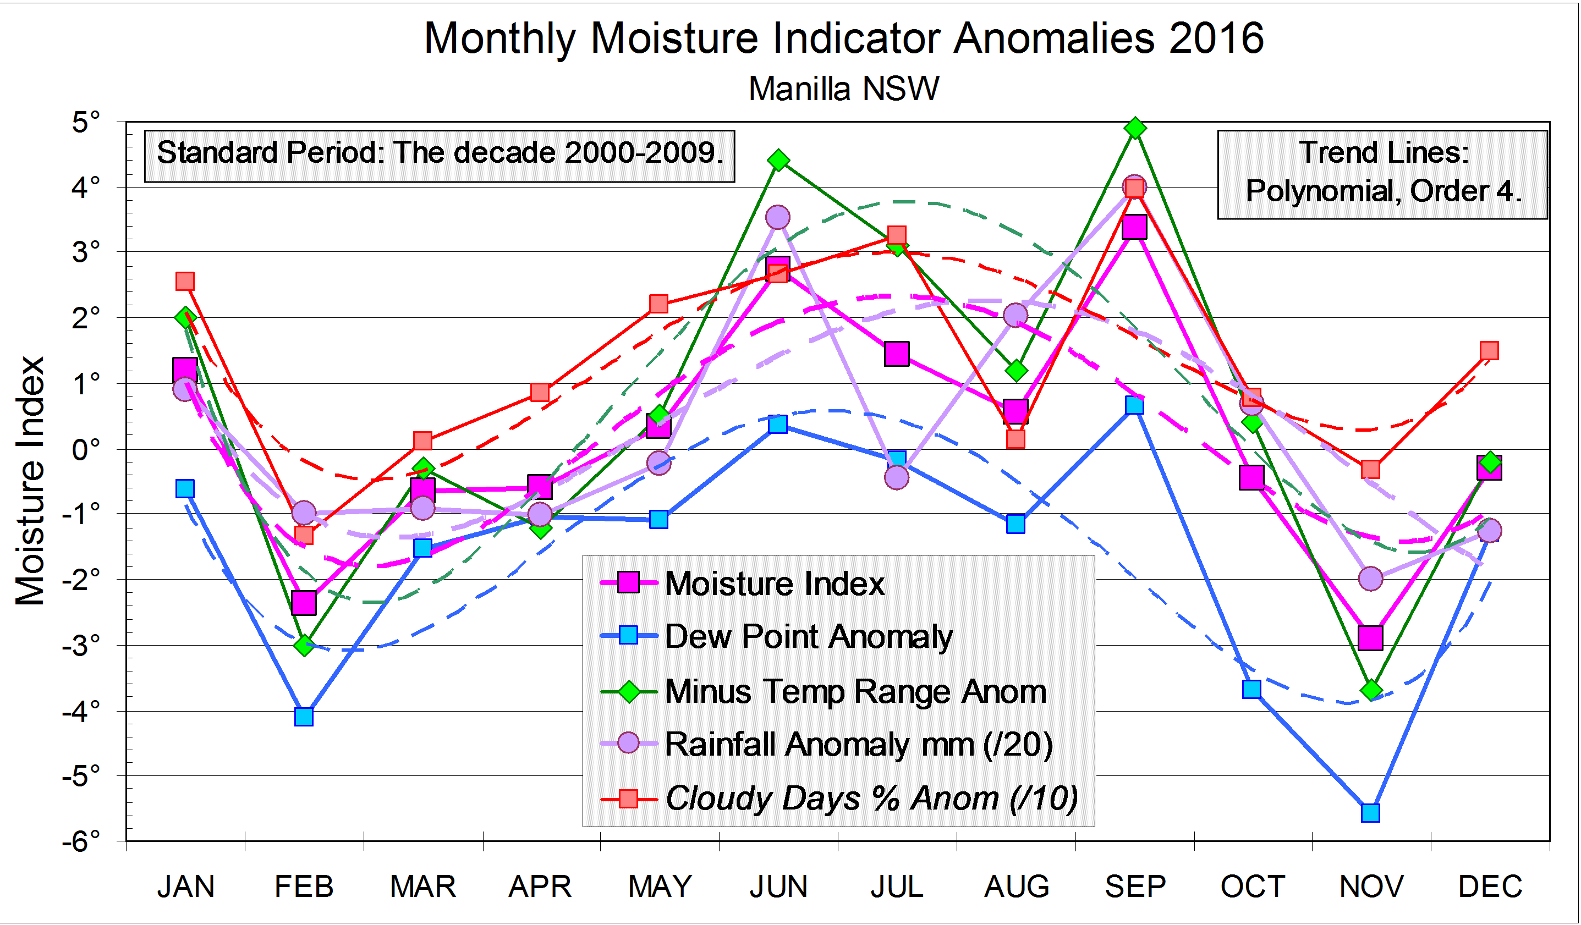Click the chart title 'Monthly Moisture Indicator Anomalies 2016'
point(844,39)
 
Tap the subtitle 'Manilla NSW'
point(844,89)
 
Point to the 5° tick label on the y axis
point(86,122)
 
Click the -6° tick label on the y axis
point(81,841)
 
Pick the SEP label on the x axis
point(1135,887)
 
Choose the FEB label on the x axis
point(304,887)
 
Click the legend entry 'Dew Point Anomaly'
point(808,636)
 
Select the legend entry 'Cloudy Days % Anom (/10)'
point(871,799)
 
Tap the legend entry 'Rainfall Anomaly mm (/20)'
point(858,745)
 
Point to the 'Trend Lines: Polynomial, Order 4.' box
point(1383,173)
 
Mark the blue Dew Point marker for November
point(1371,813)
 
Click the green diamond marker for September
point(1135,129)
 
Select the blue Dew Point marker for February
point(304,716)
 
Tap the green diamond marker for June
point(778,161)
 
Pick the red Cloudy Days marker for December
point(1489,350)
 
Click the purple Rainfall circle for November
point(1371,578)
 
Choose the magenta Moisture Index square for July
point(897,354)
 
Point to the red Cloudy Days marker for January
point(185,281)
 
